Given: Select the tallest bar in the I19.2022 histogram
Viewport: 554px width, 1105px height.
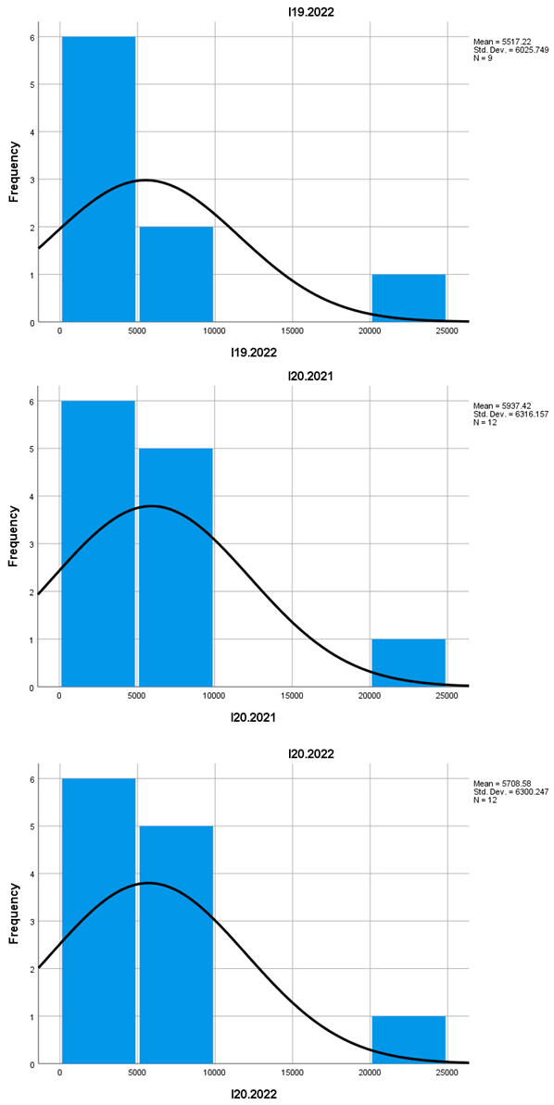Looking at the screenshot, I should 98,180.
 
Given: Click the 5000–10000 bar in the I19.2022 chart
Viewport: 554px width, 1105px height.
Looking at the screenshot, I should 176,274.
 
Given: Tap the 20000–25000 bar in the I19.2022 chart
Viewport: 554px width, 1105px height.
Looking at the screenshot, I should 409,298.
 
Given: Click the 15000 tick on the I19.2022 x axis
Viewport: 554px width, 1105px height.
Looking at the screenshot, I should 292,331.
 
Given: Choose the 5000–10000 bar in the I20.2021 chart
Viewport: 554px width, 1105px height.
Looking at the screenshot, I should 176,567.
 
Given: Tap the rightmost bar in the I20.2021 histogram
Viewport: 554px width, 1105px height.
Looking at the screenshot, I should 409,663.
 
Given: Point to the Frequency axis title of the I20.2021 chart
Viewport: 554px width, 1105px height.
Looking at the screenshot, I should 14,535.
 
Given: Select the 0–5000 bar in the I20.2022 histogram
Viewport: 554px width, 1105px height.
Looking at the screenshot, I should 98,922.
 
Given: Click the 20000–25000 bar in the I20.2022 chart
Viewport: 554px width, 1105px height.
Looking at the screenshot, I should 409,1040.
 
